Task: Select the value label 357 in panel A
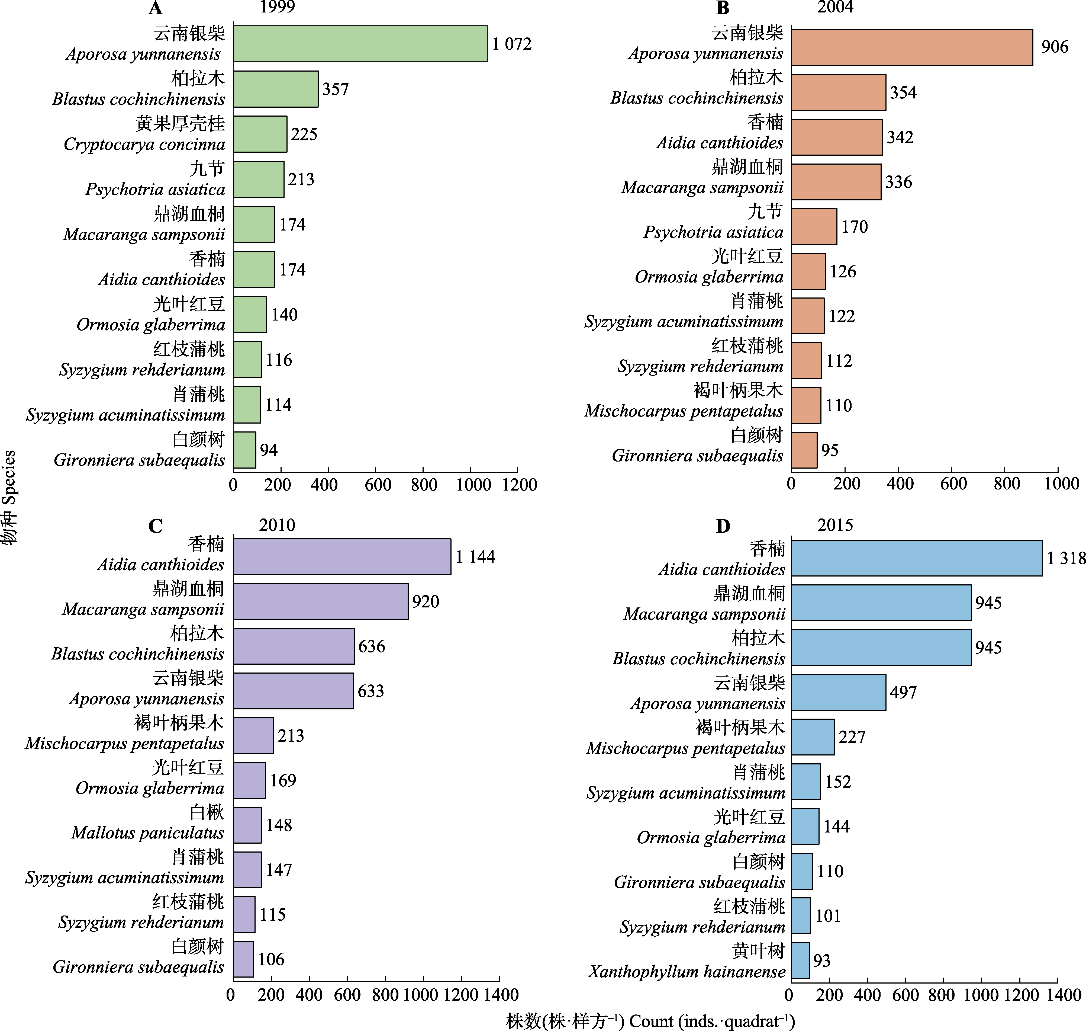pyautogui.click(x=335, y=89)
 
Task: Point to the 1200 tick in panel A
pyautogui.click(x=519, y=485)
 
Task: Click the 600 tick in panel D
pyautogui.click(x=905, y=995)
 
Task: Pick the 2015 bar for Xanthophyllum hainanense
pyautogui.click(x=800, y=961)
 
